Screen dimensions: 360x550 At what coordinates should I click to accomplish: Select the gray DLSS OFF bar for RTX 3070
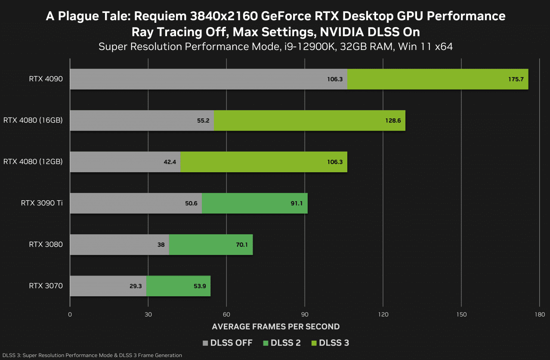pyautogui.click(x=108, y=286)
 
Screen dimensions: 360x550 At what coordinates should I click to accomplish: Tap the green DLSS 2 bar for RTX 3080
pyautogui.click(x=211, y=245)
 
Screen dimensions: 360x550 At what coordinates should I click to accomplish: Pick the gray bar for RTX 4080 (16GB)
pyautogui.click(x=142, y=121)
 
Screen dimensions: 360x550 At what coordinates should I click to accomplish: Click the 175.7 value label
pyautogui.click(x=516, y=79)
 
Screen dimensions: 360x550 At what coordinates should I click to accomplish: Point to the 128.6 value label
pyautogui.click(x=392, y=121)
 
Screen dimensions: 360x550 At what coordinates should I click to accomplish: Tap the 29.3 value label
pyautogui.click(x=136, y=286)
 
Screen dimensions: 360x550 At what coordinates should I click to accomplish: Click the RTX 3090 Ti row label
pyautogui.click(x=42, y=203)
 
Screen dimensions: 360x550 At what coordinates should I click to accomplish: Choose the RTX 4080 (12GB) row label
pyautogui.click(x=33, y=161)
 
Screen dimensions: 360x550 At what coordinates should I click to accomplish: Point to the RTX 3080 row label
pyautogui.click(x=46, y=244)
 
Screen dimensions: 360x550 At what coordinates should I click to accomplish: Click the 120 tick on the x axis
pyautogui.click(x=383, y=314)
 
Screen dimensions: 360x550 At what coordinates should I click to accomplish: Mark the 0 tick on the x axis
pyautogui.click(x=70, y=314)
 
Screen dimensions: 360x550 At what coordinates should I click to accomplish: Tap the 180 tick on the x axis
pyautogui.click(x=540, y=314)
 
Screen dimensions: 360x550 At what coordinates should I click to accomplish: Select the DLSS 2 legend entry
pyautogui.click(x=282, y=343)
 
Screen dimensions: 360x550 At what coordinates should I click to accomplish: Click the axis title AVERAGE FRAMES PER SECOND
pyautogui.click(x=275, y=326)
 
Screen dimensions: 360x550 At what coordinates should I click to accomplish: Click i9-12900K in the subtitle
pyautogui.click(x=308, y=47)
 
